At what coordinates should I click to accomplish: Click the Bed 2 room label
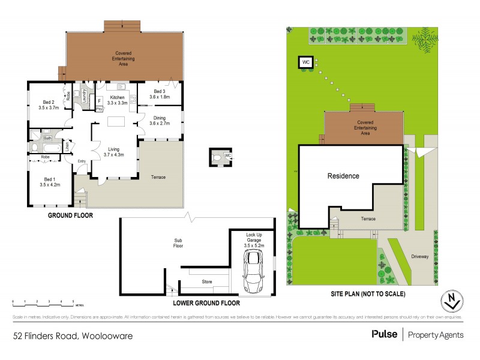(x=49, y=102)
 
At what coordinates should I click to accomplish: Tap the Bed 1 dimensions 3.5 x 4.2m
(x=49, y=185)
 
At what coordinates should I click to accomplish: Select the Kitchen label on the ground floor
(x=116, y=97)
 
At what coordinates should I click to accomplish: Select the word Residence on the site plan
(x=343, y=176)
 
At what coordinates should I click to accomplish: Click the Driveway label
(x=420, y=256)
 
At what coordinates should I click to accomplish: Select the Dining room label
(x=159, y=118)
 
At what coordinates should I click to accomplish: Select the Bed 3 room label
(x=159, y=91)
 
